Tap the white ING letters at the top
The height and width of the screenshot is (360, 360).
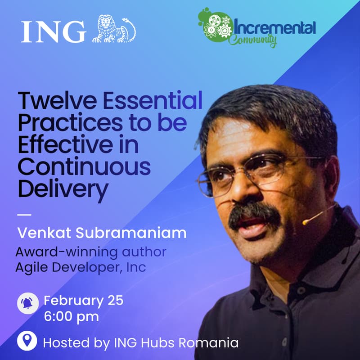[53, 31]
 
